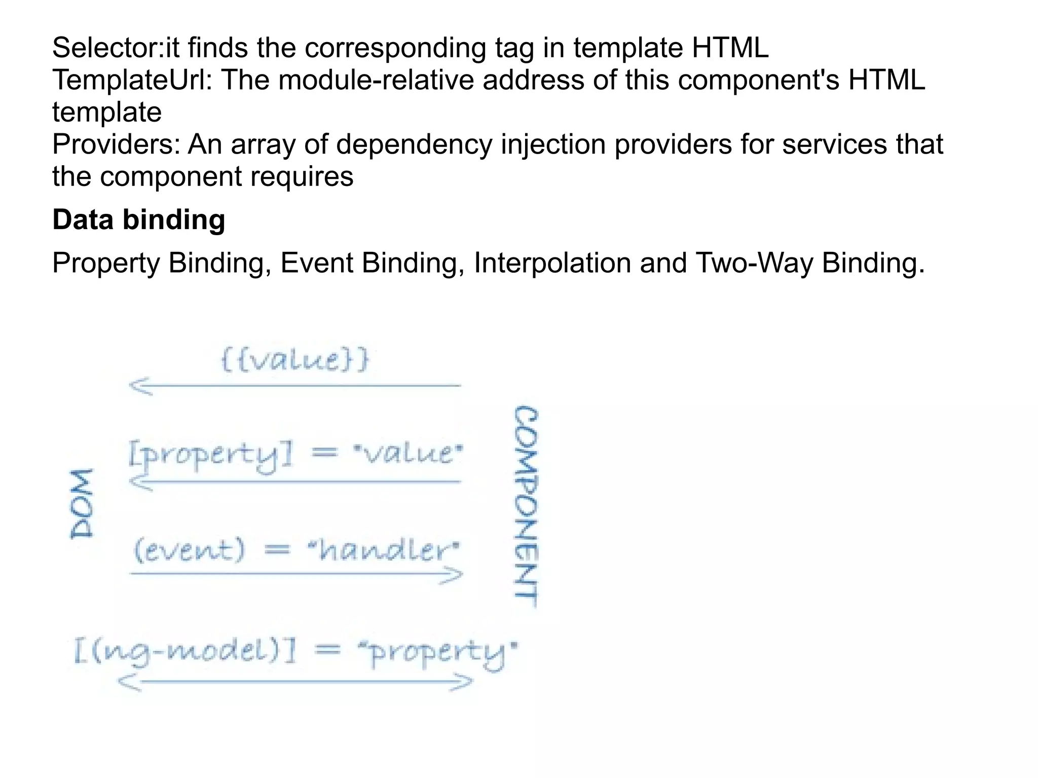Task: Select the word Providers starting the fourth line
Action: [116, 144]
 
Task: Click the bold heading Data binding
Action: [138, 220]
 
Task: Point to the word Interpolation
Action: [552, 263]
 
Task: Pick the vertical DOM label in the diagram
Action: [82, 503]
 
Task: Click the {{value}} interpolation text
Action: [295, 360]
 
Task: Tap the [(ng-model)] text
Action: [185, 652]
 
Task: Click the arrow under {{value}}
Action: [295, 386]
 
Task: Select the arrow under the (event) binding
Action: [296, 574]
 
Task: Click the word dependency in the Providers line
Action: [414, 144]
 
